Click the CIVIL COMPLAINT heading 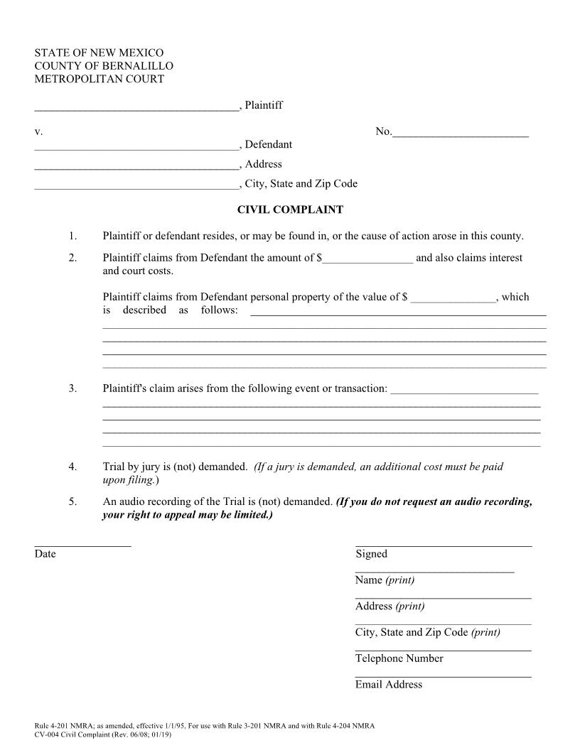click(x=289, y=210)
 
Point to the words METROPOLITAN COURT click(x=100, y=79)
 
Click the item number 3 click(x=72, y=388)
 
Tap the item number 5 click(x=72, y=502)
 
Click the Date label click(x=45, y=554)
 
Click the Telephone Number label click(x=399, y=658)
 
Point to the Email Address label click(x=388, y=685)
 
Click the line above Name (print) click(x=434, y=571)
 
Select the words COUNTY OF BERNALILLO click(x=104, y=66)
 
